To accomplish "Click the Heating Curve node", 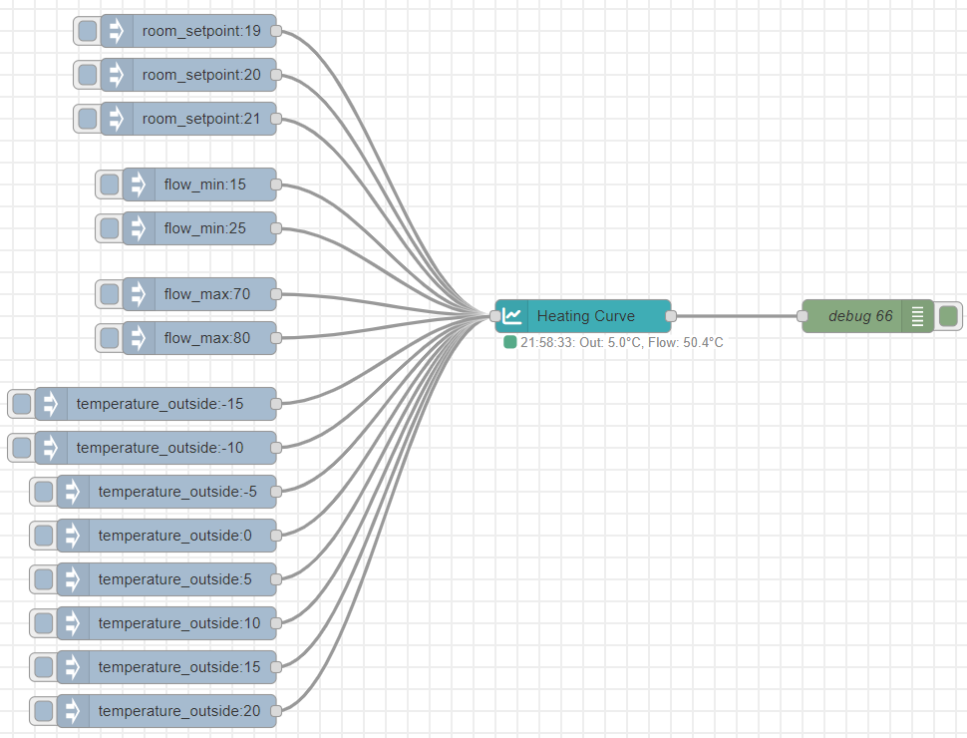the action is click(583, 316).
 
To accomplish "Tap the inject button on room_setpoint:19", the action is click(88, 31).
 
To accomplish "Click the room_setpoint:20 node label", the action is click(201, 75).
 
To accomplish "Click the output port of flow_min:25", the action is click(276, 228).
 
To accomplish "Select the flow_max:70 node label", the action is click(207, 294).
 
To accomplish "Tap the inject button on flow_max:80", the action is click(109, 338).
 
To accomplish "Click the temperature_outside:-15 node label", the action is click(160, 404).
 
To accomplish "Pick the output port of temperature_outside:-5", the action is click(276, 492).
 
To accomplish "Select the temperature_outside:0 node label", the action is click(175, 536).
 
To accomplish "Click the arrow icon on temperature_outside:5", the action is click(73, 579).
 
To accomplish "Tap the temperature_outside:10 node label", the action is click(179, 623).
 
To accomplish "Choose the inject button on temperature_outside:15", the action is click(44, 667).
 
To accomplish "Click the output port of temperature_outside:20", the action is click(276, 711).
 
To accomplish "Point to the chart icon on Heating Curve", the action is click(511, 316).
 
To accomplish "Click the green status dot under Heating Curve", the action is click(510, 342).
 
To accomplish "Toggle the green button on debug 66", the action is click(948, 316).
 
